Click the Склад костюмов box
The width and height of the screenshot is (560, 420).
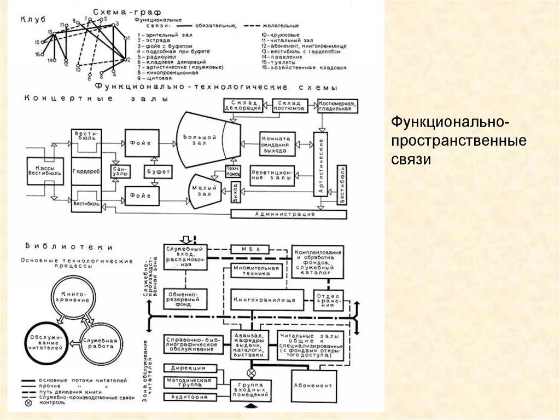click(289, 106)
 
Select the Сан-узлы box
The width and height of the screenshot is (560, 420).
click(120, 171)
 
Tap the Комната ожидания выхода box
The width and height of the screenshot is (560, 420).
click(277, 143)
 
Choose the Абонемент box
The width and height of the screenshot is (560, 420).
click(314, 386)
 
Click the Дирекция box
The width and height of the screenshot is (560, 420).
click(188, 368)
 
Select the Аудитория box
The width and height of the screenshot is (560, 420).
click(188, 396)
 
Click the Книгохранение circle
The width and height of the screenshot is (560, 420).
click(75, 297)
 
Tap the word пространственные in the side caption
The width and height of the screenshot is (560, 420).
click(458, 140)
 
